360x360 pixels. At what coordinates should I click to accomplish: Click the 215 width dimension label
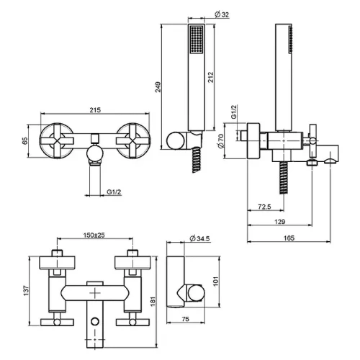click(95, 110)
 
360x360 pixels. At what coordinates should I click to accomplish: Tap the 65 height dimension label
click(25, 141)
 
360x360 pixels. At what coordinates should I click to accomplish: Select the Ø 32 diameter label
click(222, 14)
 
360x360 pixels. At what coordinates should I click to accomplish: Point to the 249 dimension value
click(158, 87)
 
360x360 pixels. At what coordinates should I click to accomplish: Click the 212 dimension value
click(211, 77)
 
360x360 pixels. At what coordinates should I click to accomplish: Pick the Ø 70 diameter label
click(221, 141)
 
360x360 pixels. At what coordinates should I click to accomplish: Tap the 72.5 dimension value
click(264, 207)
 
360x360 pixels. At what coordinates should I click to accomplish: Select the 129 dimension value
click(280, 222)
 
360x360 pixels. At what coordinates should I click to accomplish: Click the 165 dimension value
click(289, 238)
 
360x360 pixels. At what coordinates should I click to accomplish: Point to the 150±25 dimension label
click(94, 235)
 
